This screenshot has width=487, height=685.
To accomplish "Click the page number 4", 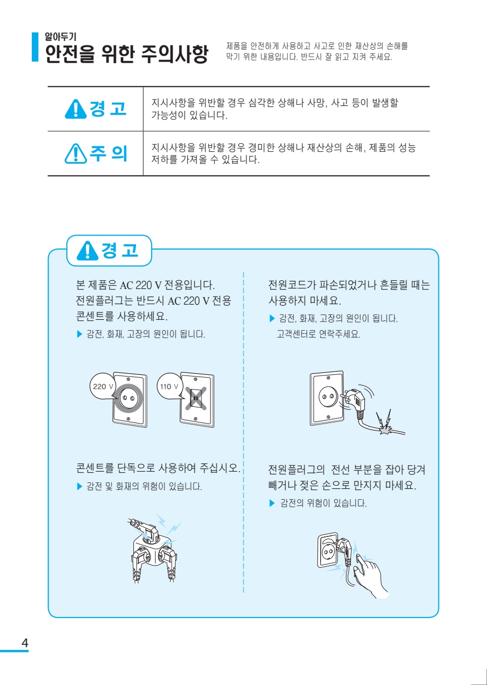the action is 24,643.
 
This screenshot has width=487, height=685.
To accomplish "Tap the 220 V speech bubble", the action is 102,386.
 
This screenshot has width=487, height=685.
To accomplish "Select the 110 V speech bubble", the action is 170,386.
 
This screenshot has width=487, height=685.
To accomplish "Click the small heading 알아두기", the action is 60,37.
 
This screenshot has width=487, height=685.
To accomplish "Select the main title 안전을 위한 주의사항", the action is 126,54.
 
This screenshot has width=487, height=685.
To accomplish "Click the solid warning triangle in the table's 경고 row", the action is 76,109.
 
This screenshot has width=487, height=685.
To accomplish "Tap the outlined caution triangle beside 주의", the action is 76,153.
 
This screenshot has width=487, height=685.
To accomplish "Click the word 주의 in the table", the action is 108,153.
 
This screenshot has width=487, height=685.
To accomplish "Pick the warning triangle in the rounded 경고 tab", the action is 87,251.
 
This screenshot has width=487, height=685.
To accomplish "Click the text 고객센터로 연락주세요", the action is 318,334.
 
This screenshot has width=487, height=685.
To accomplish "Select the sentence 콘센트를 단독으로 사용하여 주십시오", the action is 158,468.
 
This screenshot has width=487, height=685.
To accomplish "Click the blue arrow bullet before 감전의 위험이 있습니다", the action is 272,503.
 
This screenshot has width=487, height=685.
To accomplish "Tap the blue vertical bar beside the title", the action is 35,47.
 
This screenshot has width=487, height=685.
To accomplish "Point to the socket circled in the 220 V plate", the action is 128,398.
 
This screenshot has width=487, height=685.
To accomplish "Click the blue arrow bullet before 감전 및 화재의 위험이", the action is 79,486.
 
